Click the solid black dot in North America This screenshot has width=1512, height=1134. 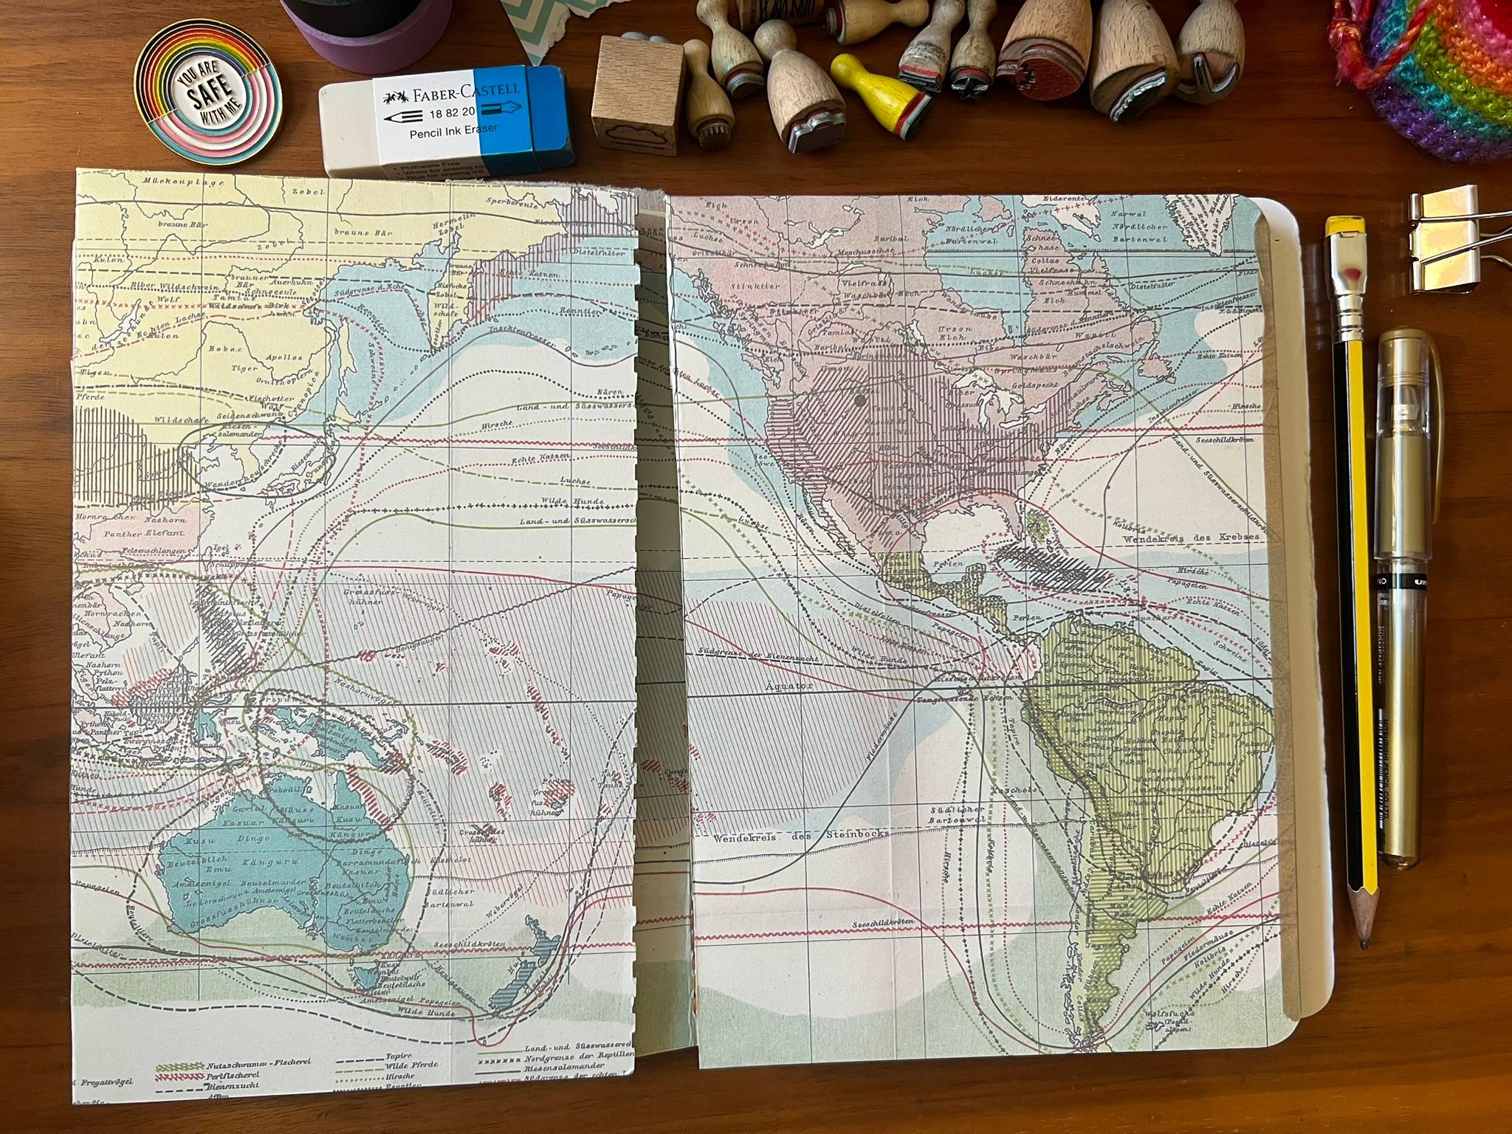[859, 401]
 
